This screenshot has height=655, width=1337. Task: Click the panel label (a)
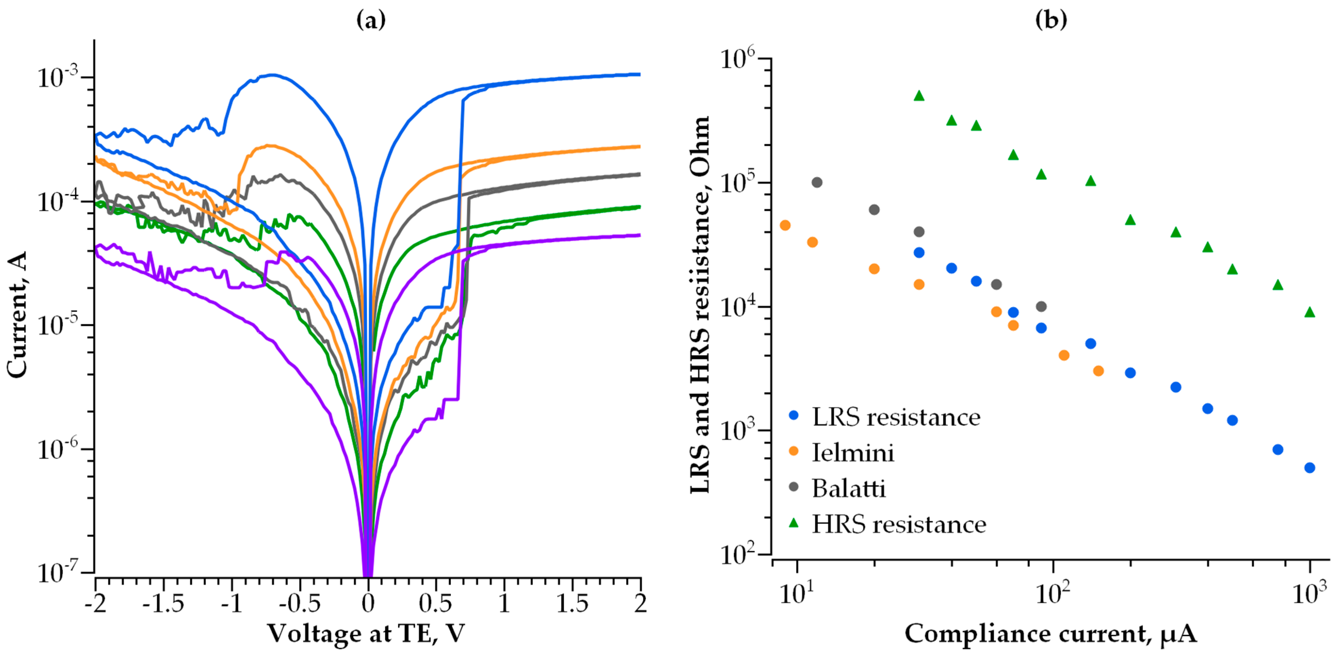pyautogui.click(x=371, y=21)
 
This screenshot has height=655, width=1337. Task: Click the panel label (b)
pyautogui.click(x=1051, y=21)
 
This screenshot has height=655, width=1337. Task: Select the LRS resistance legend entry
pyautogui.click(x=895, y=417)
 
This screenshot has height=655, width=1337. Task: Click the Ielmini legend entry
pyautogui.click(x=852, y=453)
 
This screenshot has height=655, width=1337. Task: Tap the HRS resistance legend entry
pyautogui.click(x=898, y=524)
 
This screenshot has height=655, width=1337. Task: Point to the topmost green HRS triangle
pyautogui.click(x=919, y=95)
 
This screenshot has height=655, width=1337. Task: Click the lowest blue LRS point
pyautogui.click(x=1310, y=467)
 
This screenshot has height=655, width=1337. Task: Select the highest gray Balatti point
pyautogui.click(x=817, y=182)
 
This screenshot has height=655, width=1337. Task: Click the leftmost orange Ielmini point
pyautogui.click(x=785, y=225)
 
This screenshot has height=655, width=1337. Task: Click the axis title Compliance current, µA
pyautogui.click(x=1051, y=634)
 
